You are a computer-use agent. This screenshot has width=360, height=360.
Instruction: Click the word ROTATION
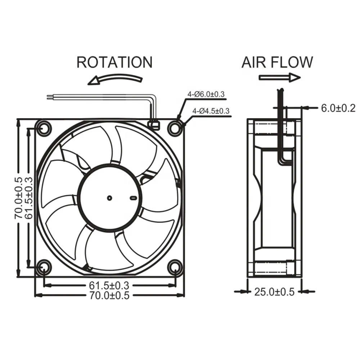coord(114,62)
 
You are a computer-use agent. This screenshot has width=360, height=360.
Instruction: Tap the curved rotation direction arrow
coord(115,78)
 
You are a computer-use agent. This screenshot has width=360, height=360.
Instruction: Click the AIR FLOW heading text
coord(277,62)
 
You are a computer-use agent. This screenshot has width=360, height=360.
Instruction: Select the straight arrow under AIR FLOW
coord(279,77)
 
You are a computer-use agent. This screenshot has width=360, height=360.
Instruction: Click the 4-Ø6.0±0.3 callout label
coord(206,94)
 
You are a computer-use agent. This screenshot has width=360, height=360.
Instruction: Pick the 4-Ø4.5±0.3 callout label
coord(211,111)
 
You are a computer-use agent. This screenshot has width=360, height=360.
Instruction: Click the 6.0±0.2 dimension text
coord(338,108)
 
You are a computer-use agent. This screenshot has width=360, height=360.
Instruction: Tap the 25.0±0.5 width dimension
coord(274,292)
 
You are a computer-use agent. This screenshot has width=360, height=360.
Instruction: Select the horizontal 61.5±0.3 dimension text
coord(109,285)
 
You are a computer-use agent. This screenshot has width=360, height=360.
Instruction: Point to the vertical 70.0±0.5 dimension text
coord(18,198)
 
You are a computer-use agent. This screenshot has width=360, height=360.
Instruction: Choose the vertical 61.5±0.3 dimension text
coord(29,198)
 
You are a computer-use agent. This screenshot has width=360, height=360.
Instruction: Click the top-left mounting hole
coord(44,129)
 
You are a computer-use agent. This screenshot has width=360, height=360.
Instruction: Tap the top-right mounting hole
coord(175,128)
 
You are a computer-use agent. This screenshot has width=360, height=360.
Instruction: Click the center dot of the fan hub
coord(109,197)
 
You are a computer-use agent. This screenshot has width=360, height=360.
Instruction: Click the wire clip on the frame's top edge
coord(154,124)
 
